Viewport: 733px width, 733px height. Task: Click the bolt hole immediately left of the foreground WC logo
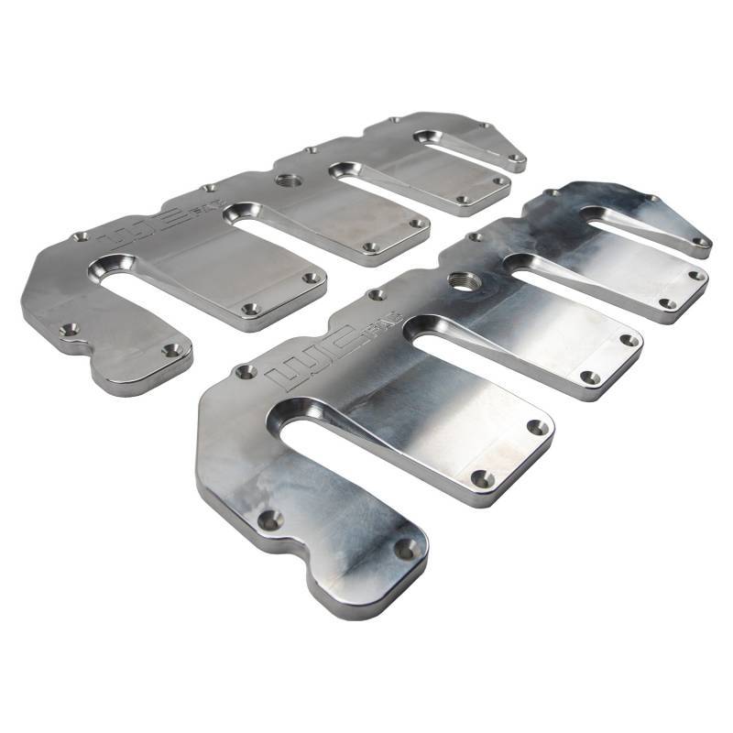(x=245, y=372)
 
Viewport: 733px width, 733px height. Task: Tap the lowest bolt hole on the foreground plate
(x=404, y=549)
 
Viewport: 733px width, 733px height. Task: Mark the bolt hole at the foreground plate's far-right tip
(x=700, y=242)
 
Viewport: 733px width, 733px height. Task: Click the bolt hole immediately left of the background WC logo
(x=81, y=236)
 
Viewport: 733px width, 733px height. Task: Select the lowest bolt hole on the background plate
(x=171, y=350)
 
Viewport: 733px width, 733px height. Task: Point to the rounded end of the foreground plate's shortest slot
(x=596, y=216)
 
